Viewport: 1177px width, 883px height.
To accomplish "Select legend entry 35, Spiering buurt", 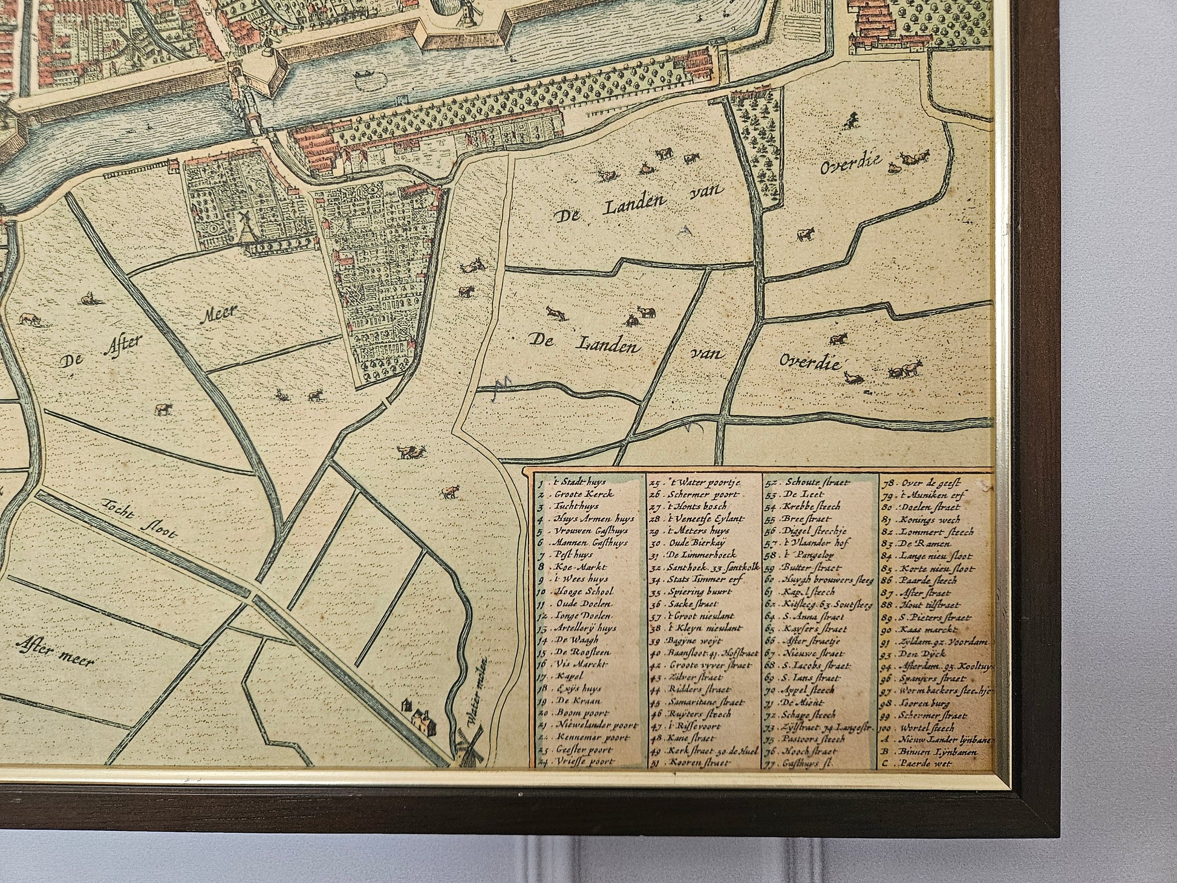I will click(690, 591).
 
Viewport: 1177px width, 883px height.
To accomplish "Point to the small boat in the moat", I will click(364, 75).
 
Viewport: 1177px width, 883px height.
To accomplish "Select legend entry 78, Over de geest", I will click(928, 483).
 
